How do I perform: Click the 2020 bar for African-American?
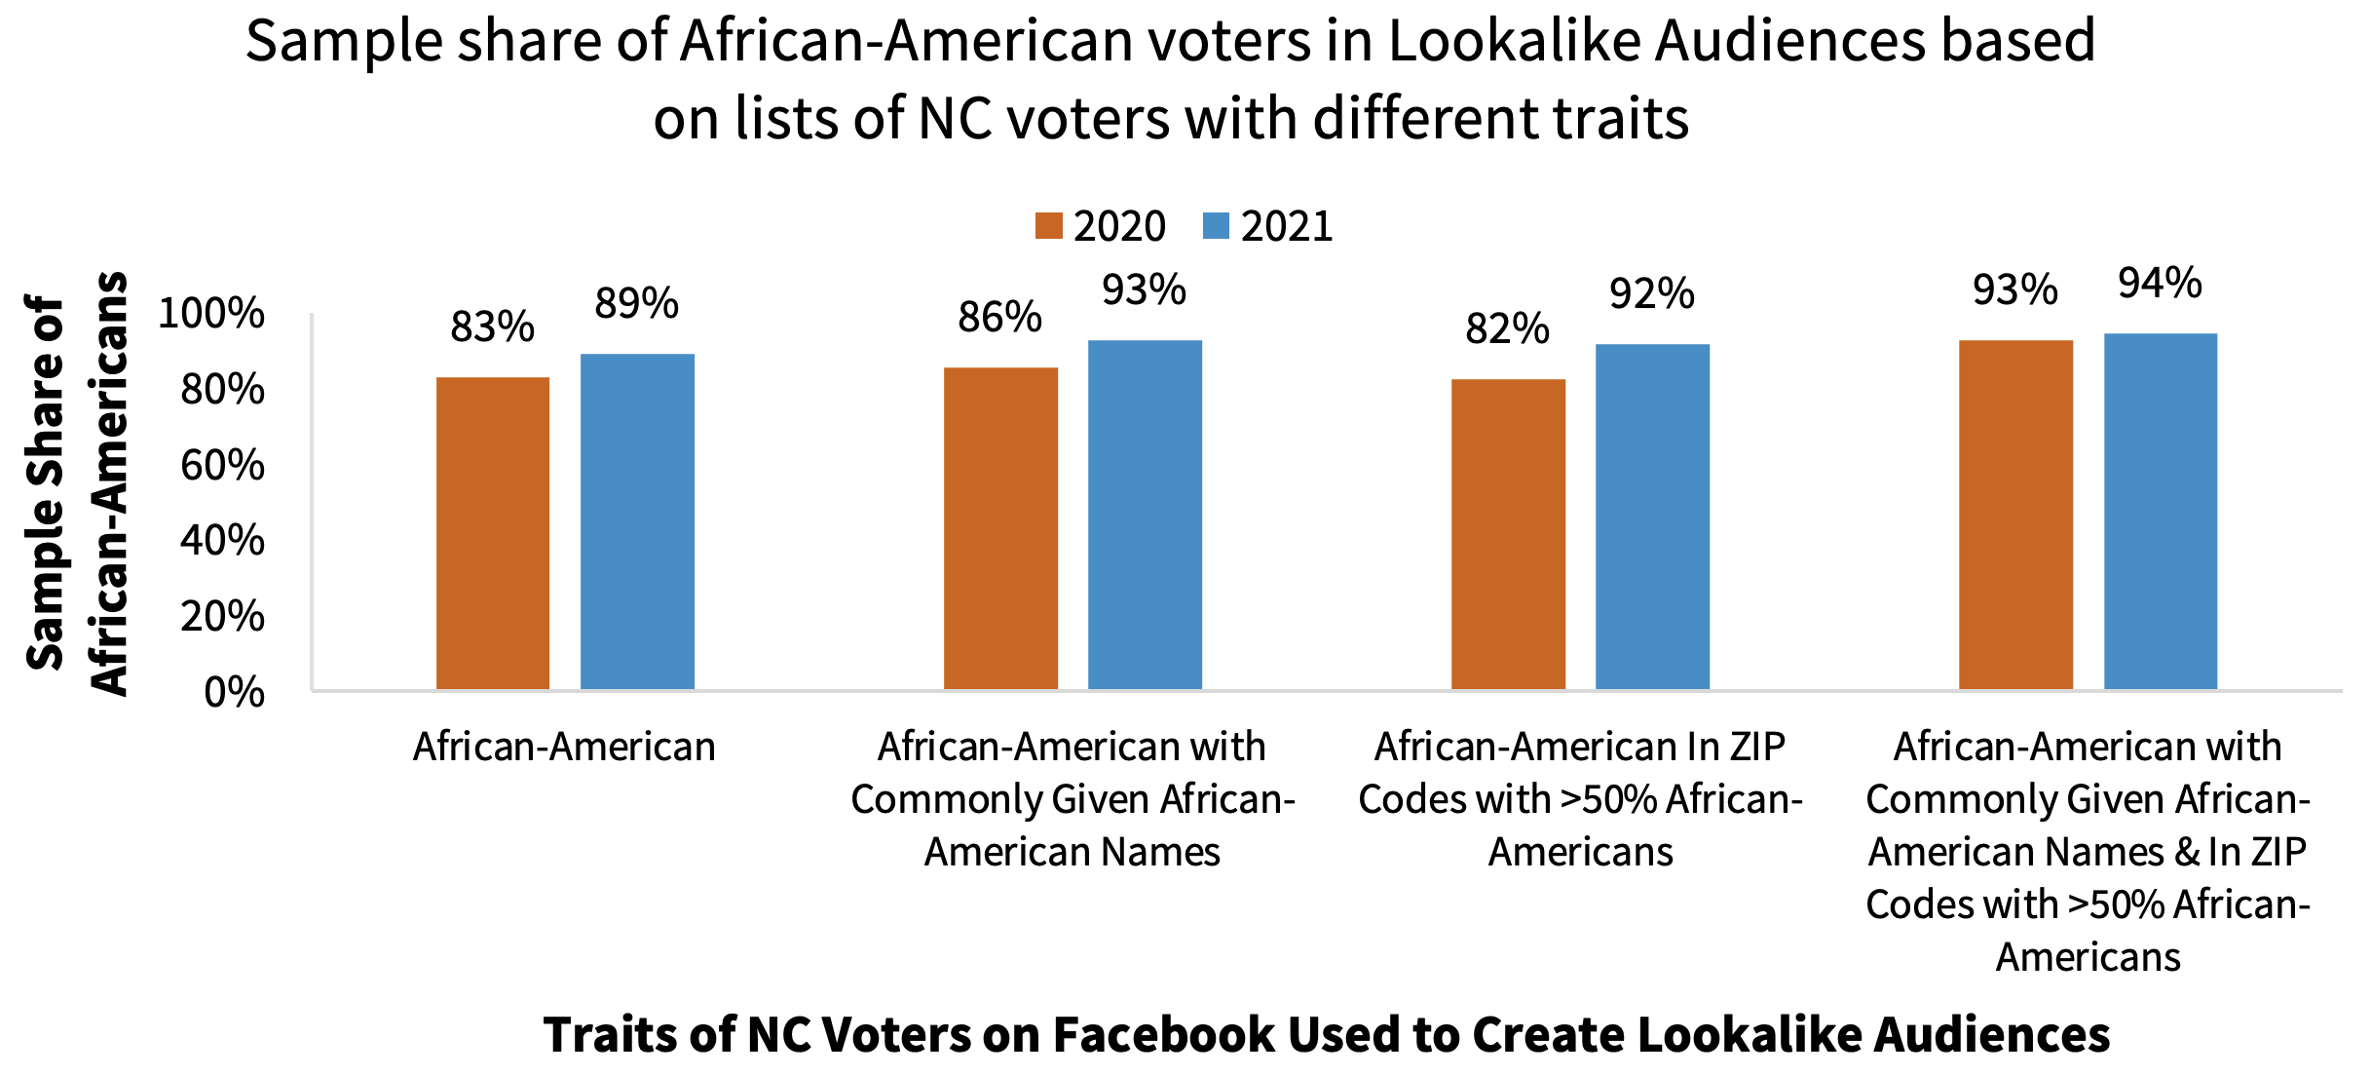pos(493,533)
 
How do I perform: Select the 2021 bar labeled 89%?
pos(637,521)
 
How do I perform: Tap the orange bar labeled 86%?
pos(1000,528)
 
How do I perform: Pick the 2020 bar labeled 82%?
pos(1508,534)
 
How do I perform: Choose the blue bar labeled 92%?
pos(1652,517)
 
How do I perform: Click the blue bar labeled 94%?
pos(2160,512)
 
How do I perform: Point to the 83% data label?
pos(493,327)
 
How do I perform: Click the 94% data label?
pos(2160,284)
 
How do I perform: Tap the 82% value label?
pos(1508,329)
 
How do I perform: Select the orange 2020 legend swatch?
pos(1049,226)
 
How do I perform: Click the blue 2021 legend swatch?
pos(1217,226)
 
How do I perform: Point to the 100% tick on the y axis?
pos(211,314)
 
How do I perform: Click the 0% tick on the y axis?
pos(234,692)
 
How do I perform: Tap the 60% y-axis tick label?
pos(222,465)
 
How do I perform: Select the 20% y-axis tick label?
pos(222,616)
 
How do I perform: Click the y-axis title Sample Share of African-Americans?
pos(76,483)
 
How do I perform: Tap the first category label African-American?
pos(564,748)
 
